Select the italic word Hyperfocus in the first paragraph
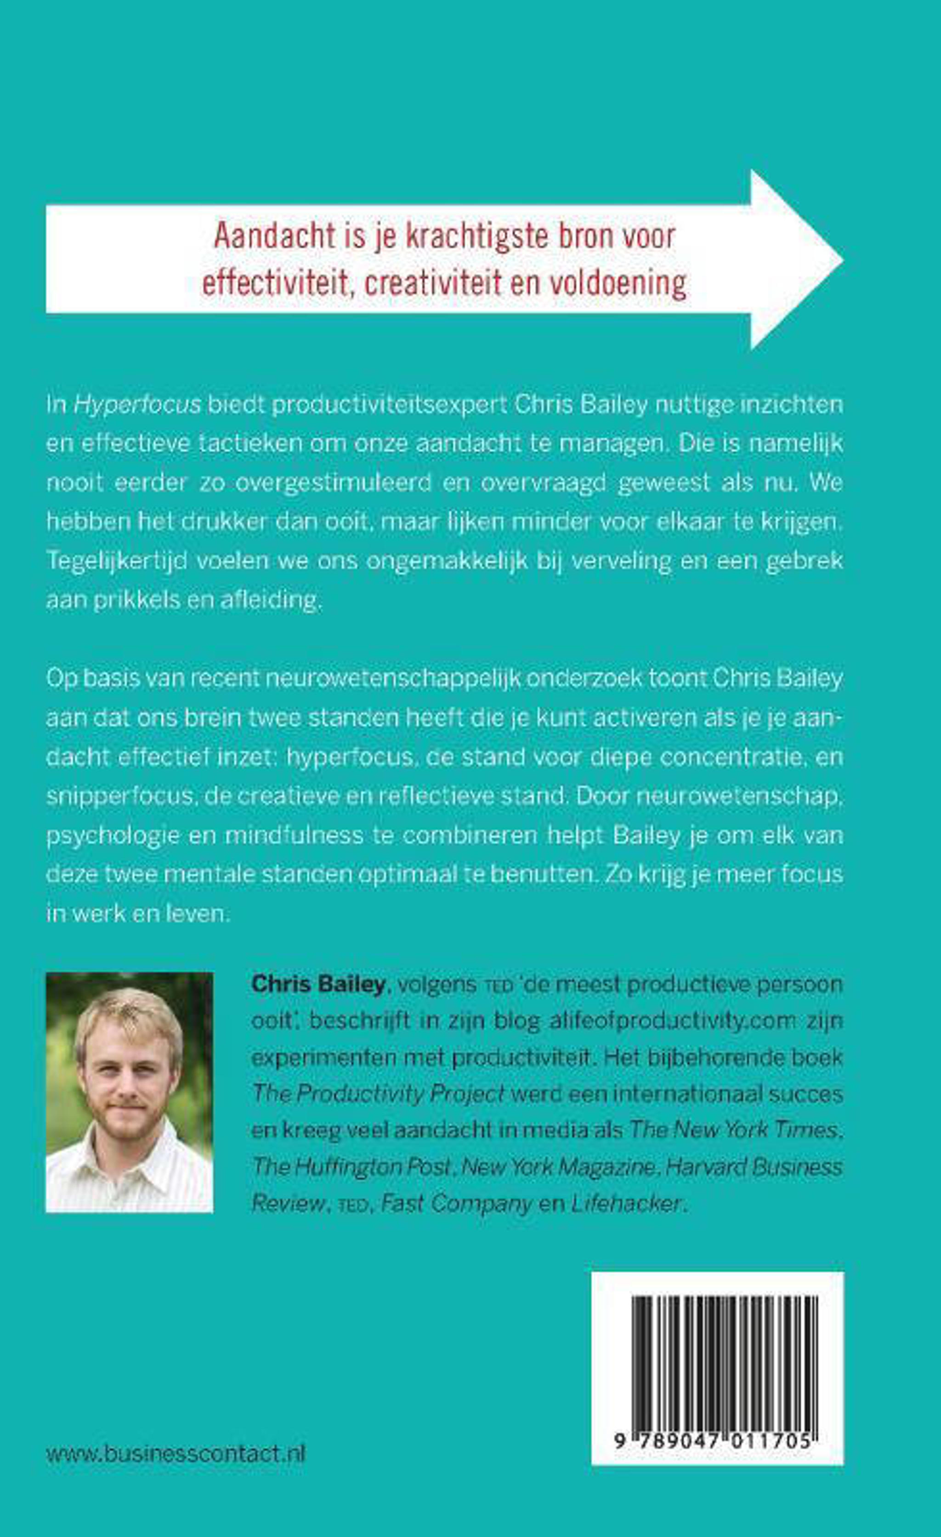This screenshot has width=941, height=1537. click(137, 405)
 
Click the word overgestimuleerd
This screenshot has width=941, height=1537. click(334, 483)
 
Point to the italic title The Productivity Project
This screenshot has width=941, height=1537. click(378, 1094)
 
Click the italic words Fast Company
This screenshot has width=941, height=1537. click(456, 1203)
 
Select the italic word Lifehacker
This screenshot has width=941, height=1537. click(625, 1203)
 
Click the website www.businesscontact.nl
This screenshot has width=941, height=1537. click(176, 1454)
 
